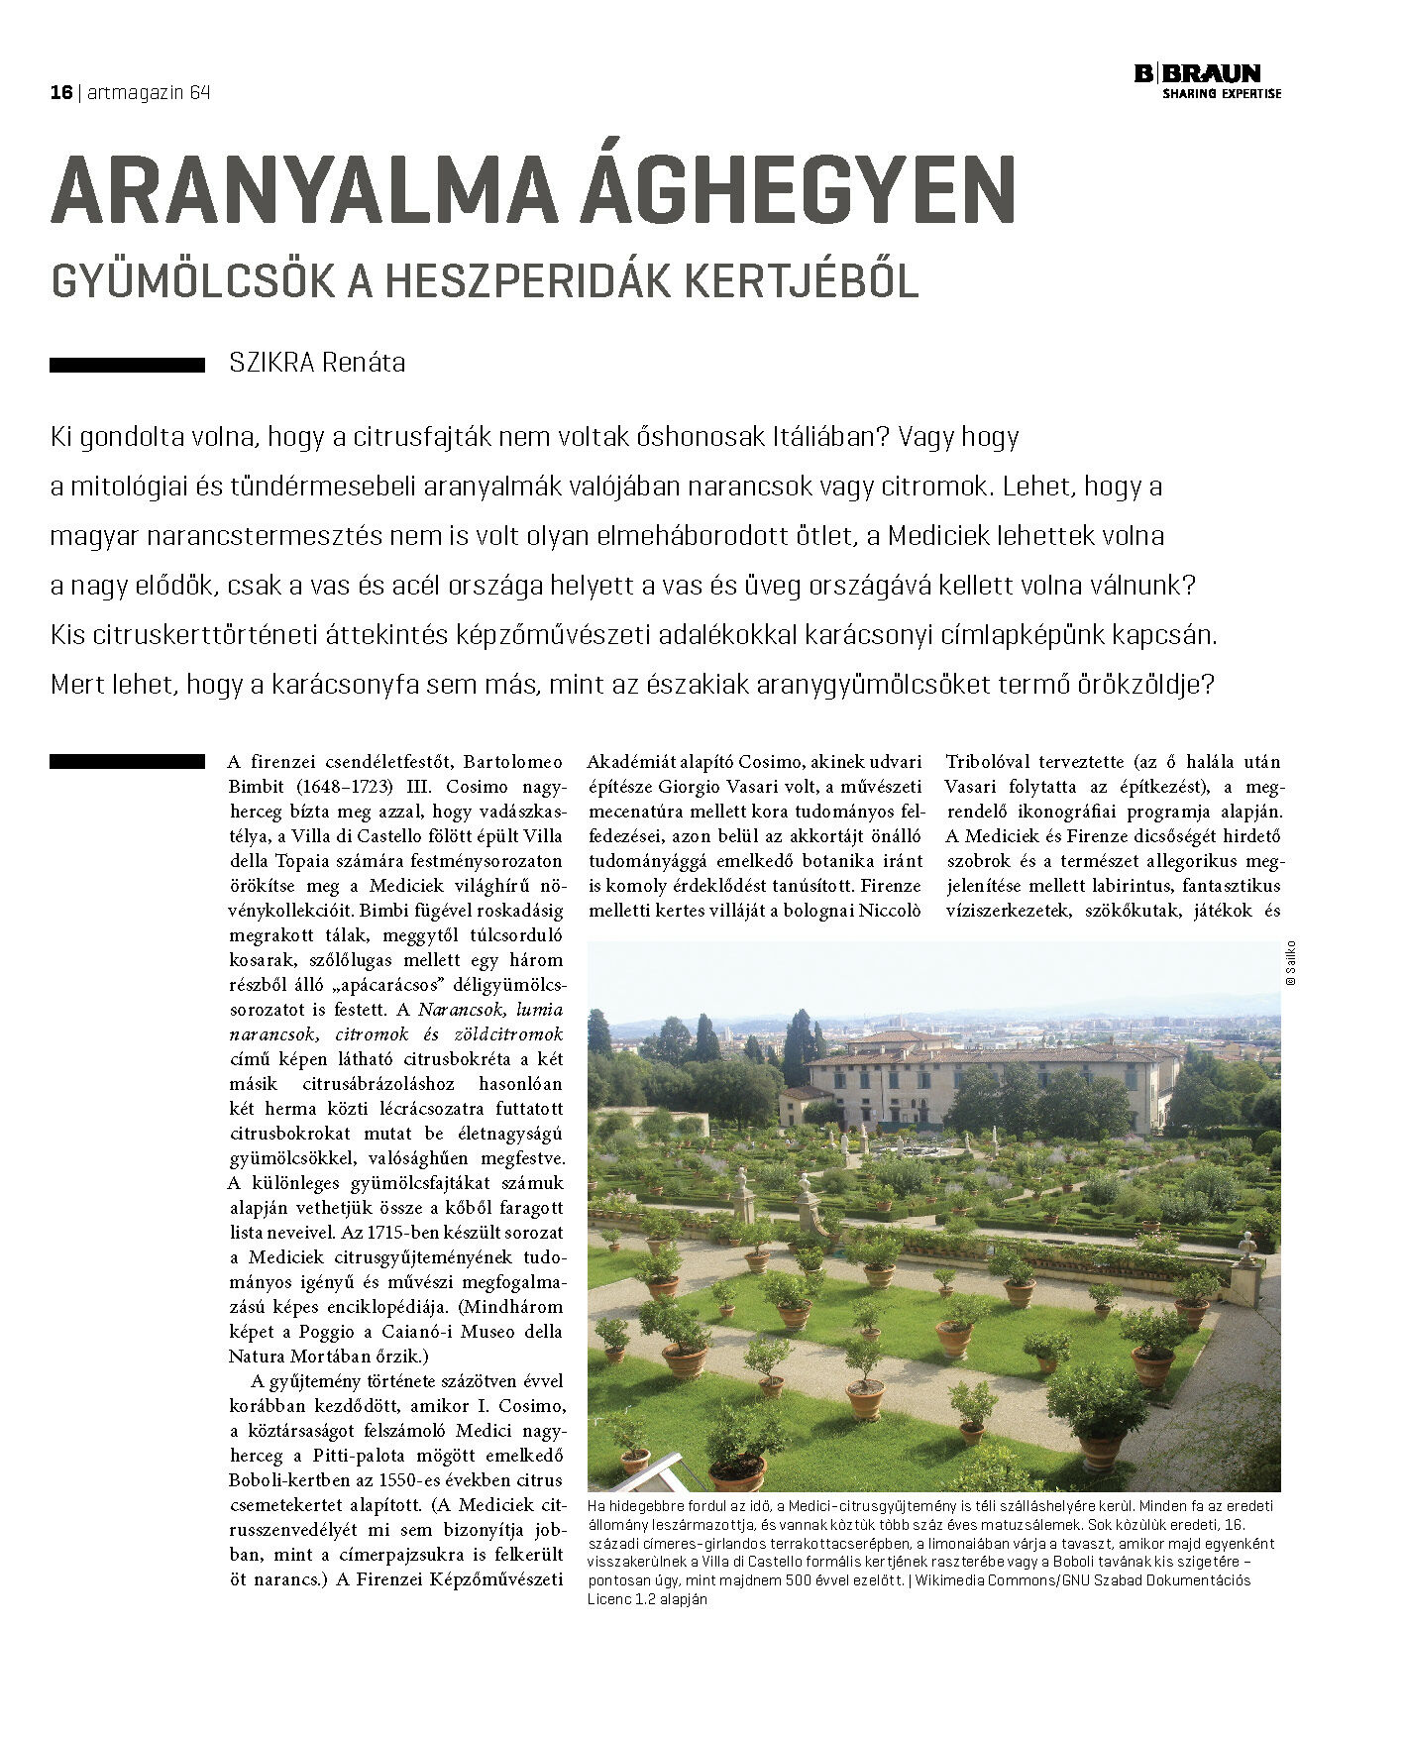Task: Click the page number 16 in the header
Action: tap(61, 92)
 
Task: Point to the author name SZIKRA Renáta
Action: tap(316, 363)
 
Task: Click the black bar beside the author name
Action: tap(127, 365)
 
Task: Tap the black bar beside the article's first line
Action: tap(127, 761)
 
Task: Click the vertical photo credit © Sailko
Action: tap(1290, 961)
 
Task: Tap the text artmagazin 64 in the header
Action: tap(149, 92)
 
